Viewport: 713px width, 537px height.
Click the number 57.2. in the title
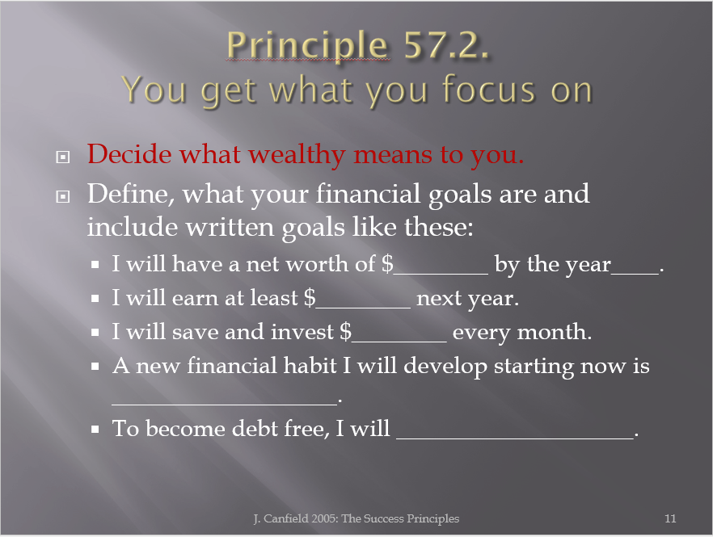pos(446,44)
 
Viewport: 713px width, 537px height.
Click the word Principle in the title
pos(307,46)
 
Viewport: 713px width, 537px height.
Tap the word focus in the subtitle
pos(490,89)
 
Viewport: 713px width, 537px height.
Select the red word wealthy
pos(297,155)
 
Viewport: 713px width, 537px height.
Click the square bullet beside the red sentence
pos(63,157)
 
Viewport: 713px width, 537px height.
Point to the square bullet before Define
pos(63,197)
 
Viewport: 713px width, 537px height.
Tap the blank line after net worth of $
pos(441,274)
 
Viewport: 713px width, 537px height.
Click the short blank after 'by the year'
pos(635,274)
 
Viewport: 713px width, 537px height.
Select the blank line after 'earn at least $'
pos(363,308)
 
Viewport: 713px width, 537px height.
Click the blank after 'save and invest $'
pos(399,342)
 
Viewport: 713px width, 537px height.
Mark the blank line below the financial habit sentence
pos(225,404)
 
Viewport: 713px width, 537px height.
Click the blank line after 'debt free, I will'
pos(515,438)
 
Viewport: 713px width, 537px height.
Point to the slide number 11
pos(670,518)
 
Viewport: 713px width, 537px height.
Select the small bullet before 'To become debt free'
pos(95,429)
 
